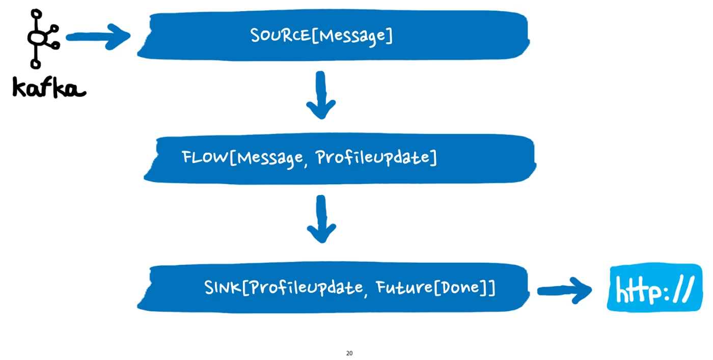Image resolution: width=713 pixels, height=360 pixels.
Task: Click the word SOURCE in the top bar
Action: pos(280,36)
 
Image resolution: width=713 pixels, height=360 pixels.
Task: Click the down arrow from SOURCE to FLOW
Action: pos(321,97)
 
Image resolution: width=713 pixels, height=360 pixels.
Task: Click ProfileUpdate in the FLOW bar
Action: pos(374,157)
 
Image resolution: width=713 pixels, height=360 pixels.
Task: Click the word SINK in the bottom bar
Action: pos(223,288)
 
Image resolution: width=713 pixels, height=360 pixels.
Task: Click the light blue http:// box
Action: pos(654,288)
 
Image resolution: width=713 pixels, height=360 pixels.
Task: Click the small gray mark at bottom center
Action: pos(350,353)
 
